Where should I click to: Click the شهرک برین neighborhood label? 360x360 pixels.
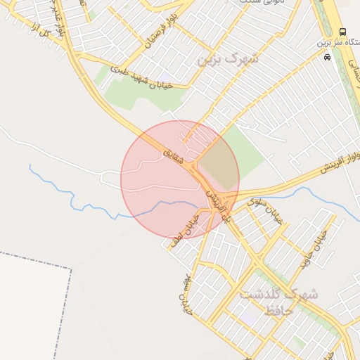pos(229,59)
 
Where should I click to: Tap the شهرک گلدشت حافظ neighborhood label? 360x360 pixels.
pos(278,302)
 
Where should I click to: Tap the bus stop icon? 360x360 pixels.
pos(342,32)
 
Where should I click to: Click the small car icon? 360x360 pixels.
pos(327,57)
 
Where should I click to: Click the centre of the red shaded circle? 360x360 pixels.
pos(180,180)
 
